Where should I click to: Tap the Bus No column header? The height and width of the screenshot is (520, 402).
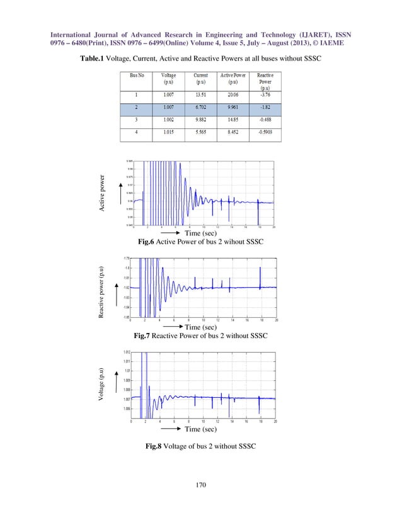[136, 76]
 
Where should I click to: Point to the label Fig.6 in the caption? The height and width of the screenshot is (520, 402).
[139, 241]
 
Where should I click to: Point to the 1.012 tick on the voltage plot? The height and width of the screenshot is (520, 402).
[127, 353]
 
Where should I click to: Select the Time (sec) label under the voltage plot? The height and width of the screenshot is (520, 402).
[200, 429]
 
